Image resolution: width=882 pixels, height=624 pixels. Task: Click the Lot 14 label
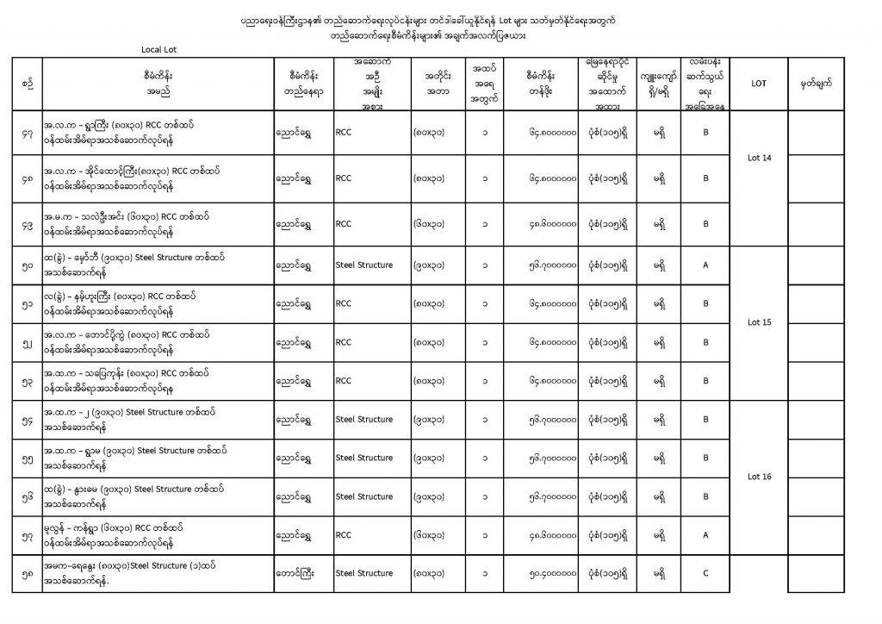[x=760, y=158]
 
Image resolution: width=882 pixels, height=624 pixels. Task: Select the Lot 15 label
[x=760, y=322]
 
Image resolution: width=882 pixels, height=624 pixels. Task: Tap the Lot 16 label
[x=760, y=476]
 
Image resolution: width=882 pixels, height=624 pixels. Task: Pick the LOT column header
[x=759, y=84]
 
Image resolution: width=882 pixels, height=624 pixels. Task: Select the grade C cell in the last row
[x=705, y=573]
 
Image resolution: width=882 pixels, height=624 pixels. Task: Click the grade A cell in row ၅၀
[x=705, y=265]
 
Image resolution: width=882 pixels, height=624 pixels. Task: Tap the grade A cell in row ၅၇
[x=705, y=535]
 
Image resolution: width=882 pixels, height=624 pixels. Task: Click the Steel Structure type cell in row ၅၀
[x=364, y=265]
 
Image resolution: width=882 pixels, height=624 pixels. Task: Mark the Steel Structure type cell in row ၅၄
[x=364, y=420]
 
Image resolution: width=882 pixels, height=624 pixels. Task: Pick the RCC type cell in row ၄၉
[x=344, y=224]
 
